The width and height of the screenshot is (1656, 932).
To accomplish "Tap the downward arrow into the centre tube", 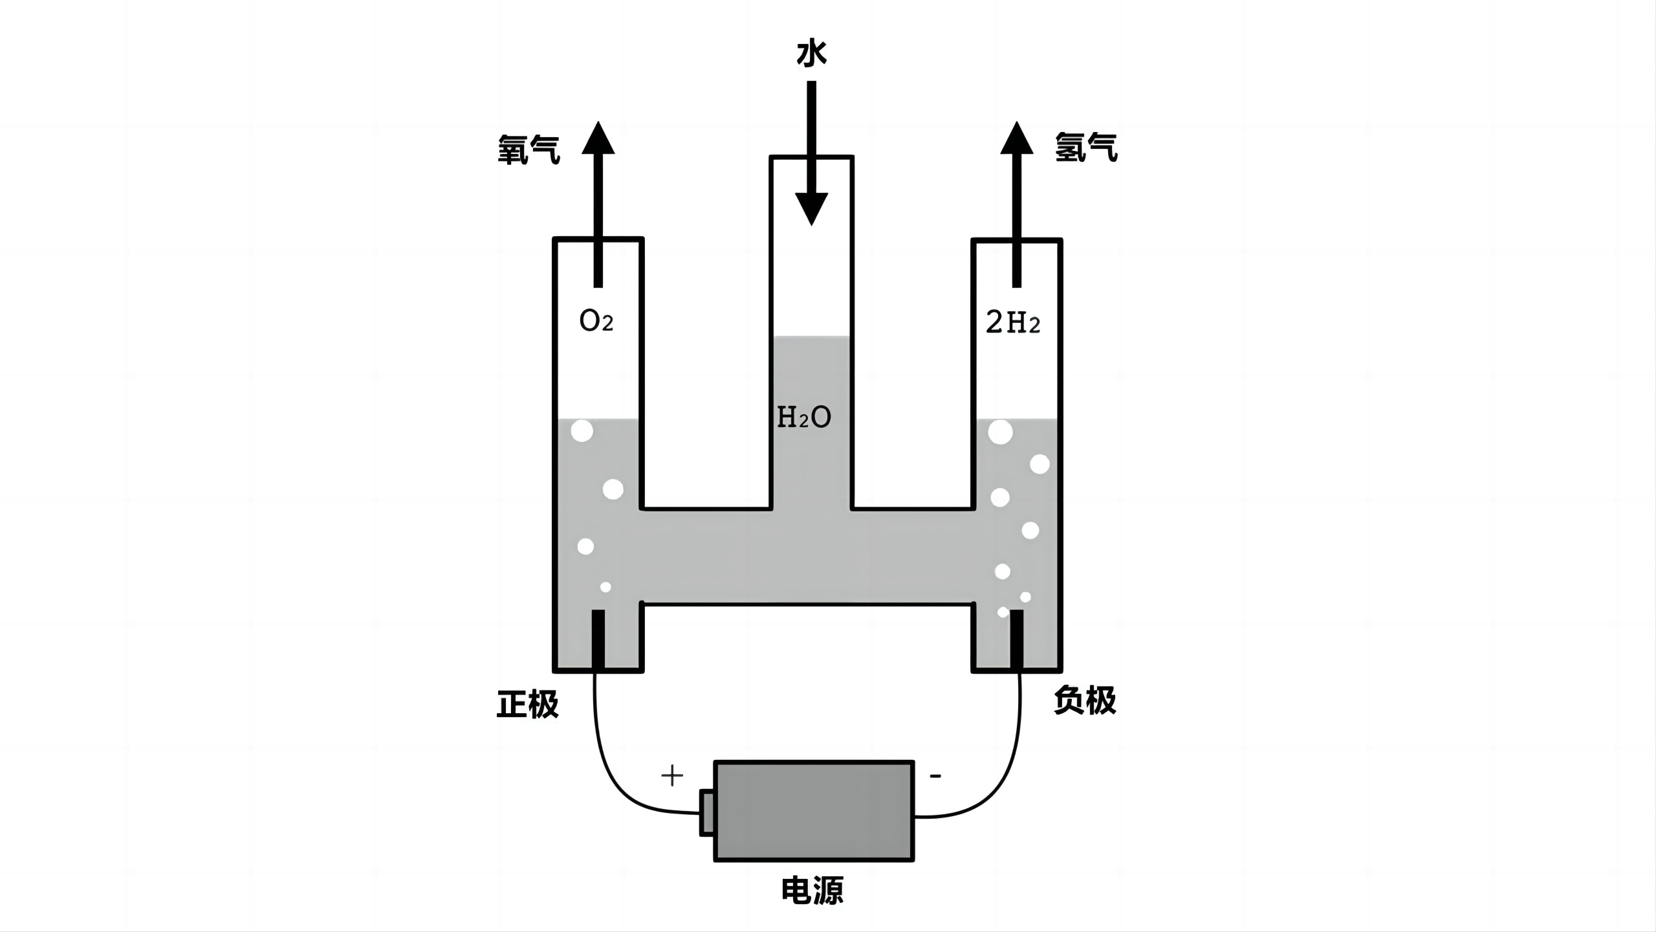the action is [x=811, y=153].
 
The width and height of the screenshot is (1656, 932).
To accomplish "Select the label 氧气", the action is [x=528, y=150].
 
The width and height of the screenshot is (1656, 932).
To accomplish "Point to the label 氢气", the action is [x=1086, y=147].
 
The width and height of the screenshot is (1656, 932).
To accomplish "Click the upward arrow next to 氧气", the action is [x=598, y=204].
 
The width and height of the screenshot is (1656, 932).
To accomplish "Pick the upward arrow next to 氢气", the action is [x=1017, y=204].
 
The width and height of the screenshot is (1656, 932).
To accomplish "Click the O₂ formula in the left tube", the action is [x=596, y=321].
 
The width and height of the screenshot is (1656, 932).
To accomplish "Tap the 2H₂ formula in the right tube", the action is [x=1013, y=322].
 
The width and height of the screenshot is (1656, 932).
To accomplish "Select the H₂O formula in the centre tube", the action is [x=804, y=417].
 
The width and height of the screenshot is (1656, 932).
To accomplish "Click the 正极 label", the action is [x=527, y=704].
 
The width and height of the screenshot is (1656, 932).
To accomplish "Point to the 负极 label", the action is [x=1085, y=700].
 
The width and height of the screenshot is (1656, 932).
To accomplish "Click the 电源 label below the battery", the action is [x=812, y=891].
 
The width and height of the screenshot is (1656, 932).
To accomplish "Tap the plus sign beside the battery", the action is [x=673, y=775].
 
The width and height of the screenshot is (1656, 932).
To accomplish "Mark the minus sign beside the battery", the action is [x=935, y=775].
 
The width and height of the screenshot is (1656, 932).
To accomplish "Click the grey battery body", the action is [x=814, y=811].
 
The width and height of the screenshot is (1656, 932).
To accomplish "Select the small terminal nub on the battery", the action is [x=706, y=812].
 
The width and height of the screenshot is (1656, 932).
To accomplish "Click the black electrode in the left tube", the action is [x=598, y=639].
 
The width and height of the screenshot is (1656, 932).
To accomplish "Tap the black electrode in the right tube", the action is [x=1017, y=639].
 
